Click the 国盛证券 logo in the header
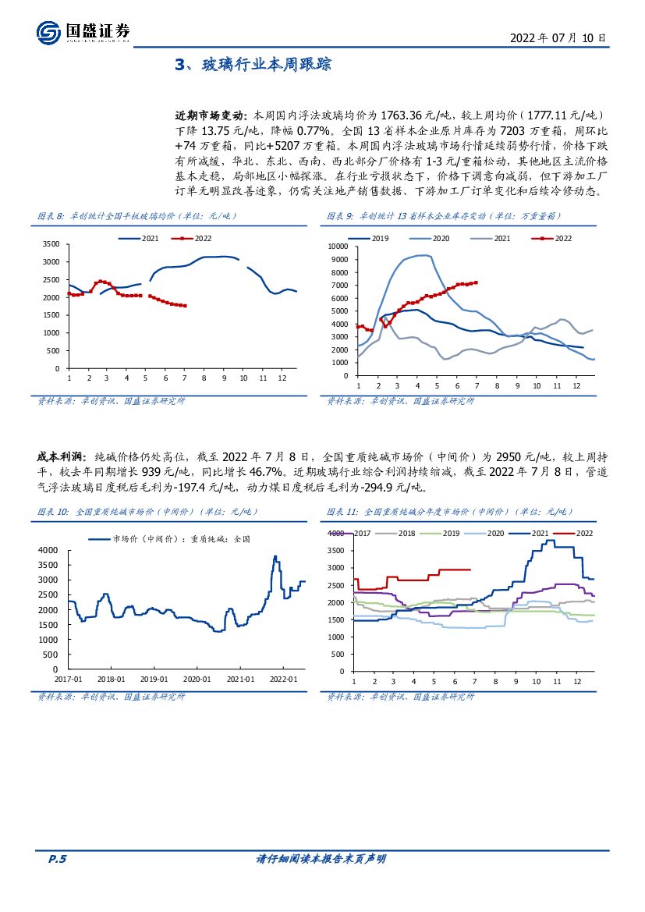tap(83, 32)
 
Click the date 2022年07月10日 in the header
tap(557, 37)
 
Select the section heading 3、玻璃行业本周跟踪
tap(253, 65)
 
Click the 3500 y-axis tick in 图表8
tap(51, 244)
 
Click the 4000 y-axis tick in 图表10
tap(49, 551)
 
